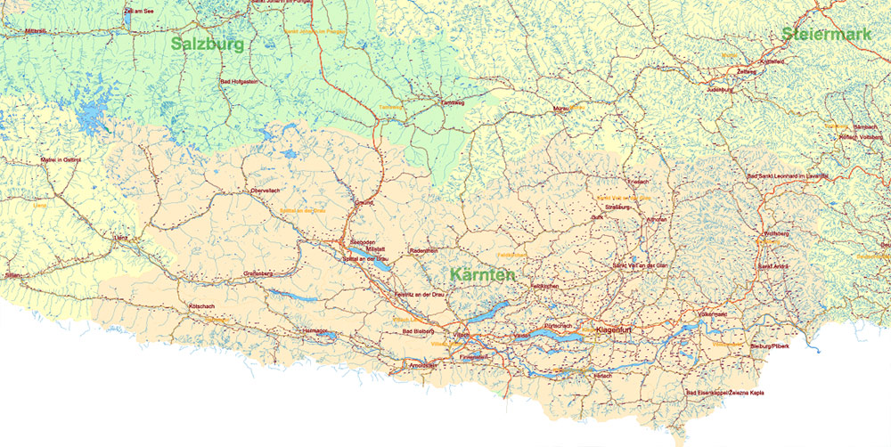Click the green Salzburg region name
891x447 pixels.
click(x=208, y=42)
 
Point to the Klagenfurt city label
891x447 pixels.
click(x=613, y=330)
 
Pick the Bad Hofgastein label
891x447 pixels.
click(x=238, y=82)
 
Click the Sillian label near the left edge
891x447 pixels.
click(x=12, y=276)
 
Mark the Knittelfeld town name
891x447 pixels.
click(x=772, y=61)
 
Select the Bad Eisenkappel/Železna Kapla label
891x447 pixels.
click(x=725, y=393)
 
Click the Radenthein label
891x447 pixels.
click(x=424, y=251)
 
